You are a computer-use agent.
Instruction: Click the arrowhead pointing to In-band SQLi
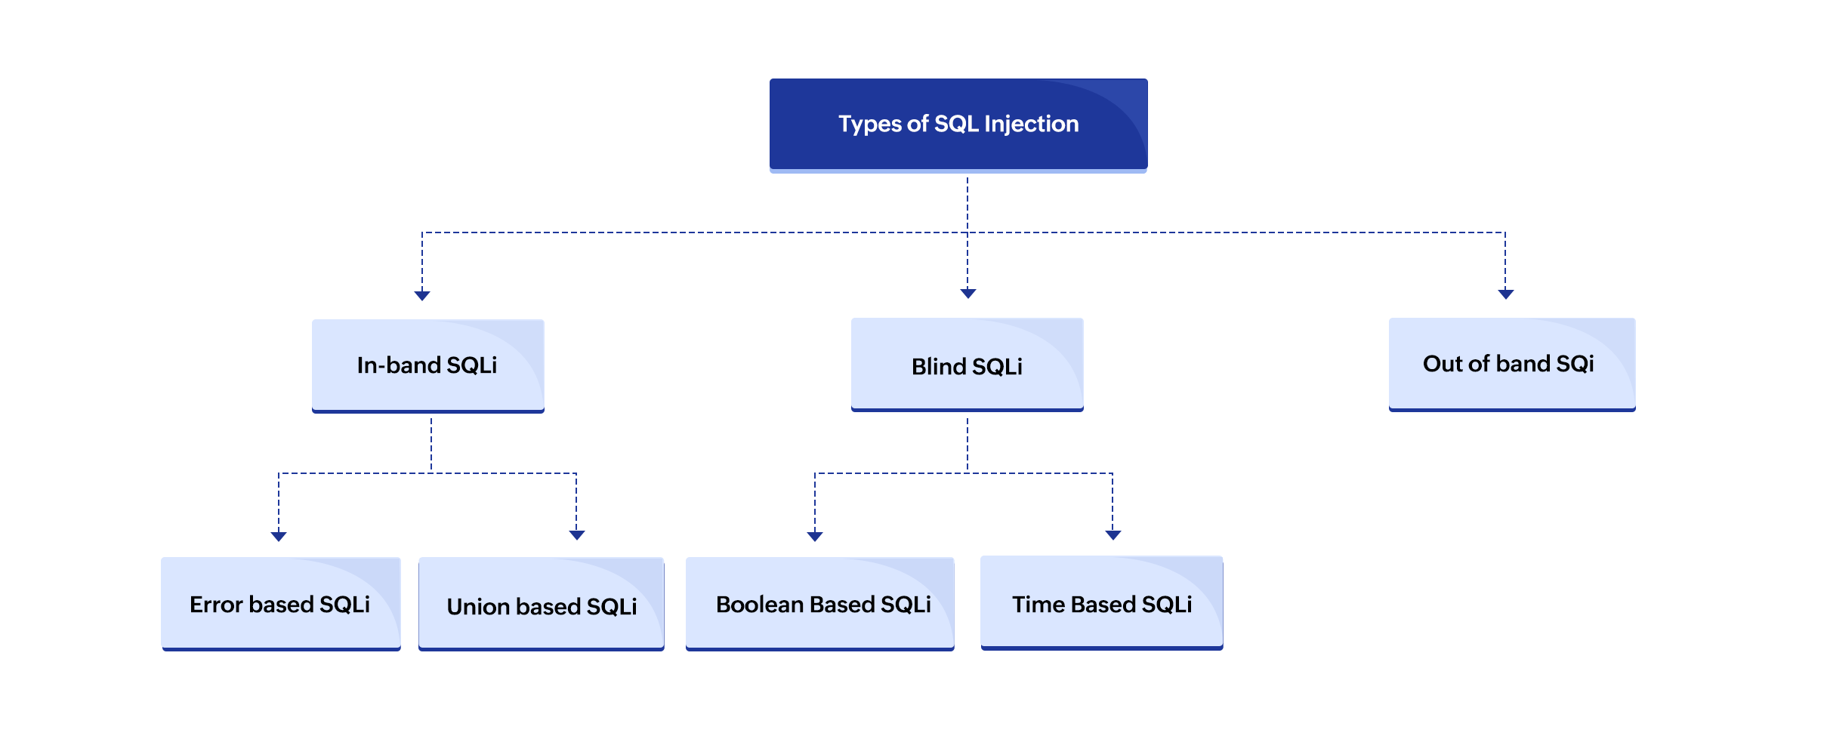point(422,295)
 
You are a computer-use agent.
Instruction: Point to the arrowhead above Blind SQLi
point(968,293)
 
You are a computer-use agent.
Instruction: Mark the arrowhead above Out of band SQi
point(1505,294)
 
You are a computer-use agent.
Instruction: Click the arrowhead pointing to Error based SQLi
point(279,536)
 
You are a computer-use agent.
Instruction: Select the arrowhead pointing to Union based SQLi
point(576,534)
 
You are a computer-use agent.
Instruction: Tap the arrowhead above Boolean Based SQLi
point(814,536)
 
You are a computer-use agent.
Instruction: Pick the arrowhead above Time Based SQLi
point(1113,534)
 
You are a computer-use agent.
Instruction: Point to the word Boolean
point(759,605)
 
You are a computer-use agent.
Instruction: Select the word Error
point(215,605)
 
